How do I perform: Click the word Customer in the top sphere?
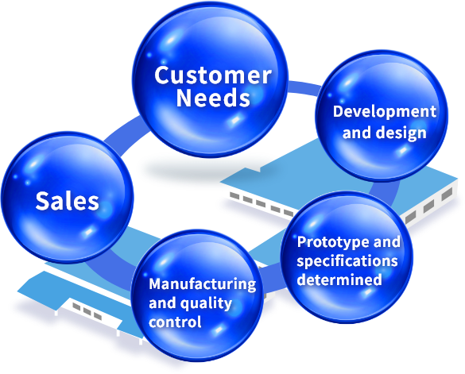(x=213, y=75)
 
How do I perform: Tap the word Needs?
(x=213, y=98)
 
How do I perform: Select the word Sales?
(x=67, y=201)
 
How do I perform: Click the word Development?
(x=385, y=113)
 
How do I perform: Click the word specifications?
(x=347, y=261)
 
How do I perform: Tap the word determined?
(x=339, y=280)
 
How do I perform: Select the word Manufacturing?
(x=203, y=284)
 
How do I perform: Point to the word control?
(x=175, y=322)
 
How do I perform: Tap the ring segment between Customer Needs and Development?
(x=304, y=88)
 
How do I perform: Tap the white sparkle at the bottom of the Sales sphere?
(x=88, y=231)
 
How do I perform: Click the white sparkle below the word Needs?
(x=235, y=120)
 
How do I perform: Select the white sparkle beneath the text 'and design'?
(x=403, y=151)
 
